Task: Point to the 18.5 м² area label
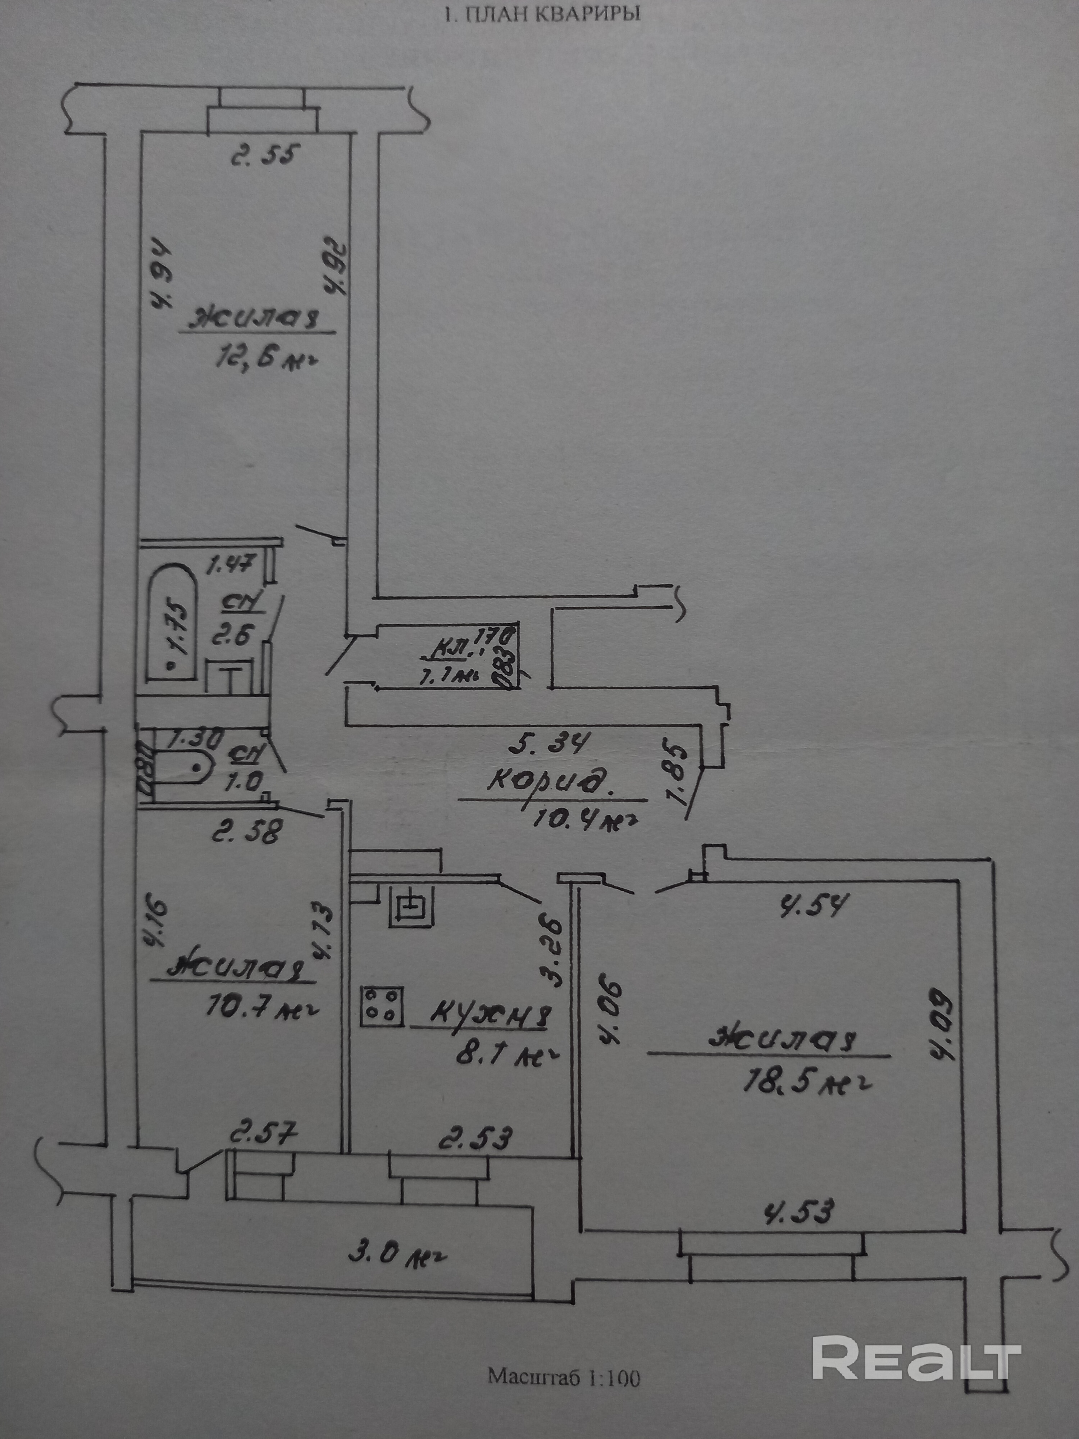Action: point(806,1080)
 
